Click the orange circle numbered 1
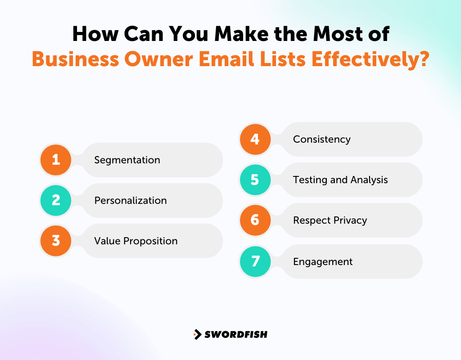56,160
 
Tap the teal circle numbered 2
56,200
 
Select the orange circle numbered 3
56,241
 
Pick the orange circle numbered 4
255,139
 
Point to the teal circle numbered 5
255,180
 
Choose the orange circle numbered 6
255,220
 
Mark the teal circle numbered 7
255,261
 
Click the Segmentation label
127,160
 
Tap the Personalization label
130,201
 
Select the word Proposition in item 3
150,241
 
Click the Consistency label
321,139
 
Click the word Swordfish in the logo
236,334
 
